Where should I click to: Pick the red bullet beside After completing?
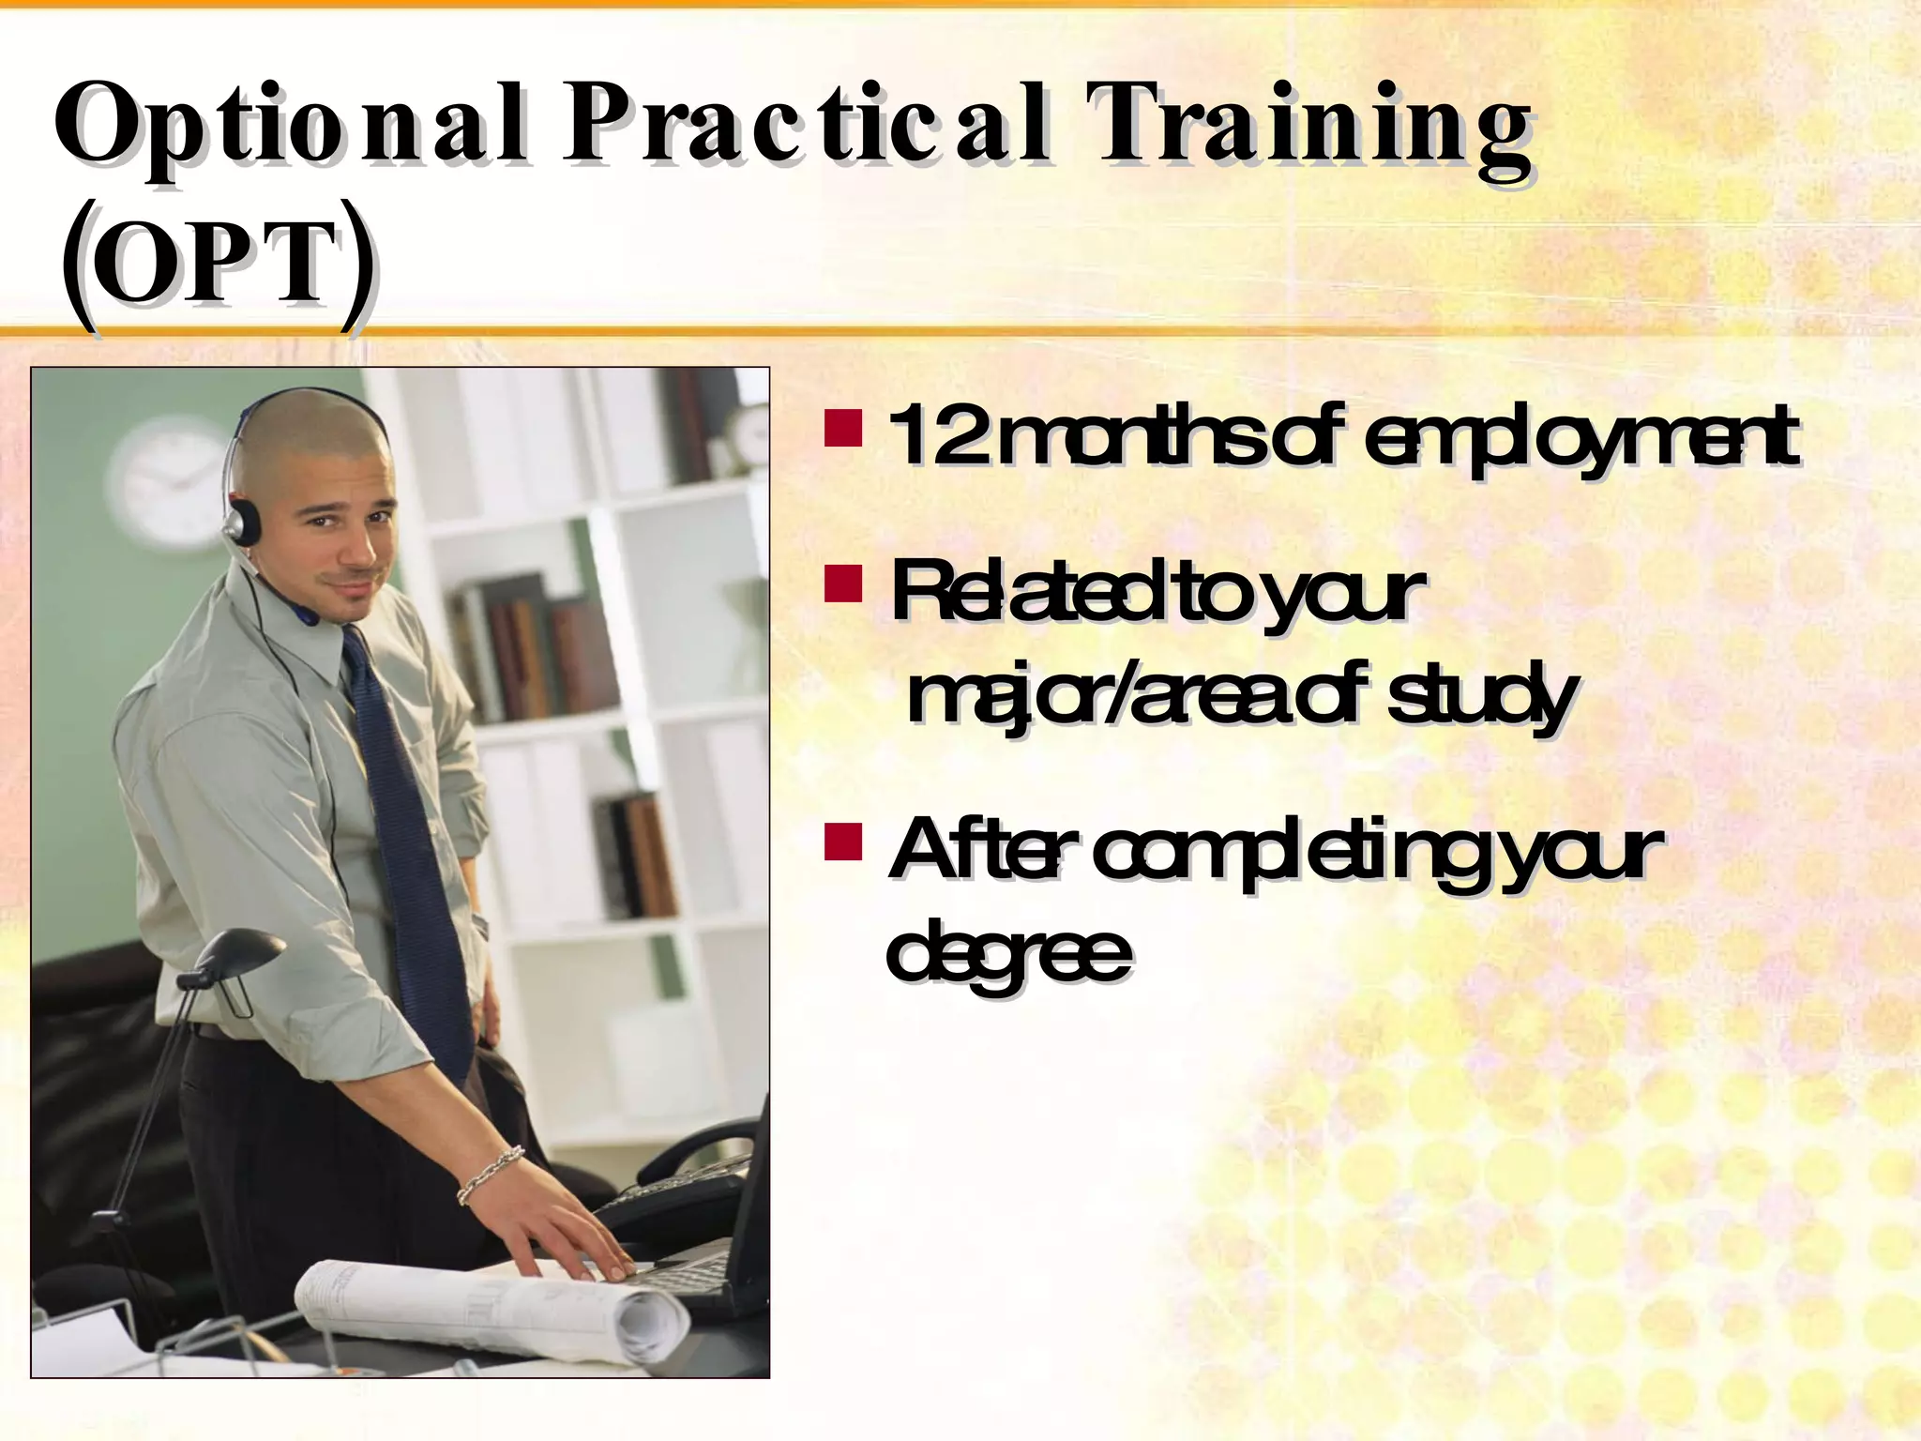[843, 842]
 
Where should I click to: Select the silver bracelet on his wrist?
[490, 1174]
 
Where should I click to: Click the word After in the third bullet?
[976, 849]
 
